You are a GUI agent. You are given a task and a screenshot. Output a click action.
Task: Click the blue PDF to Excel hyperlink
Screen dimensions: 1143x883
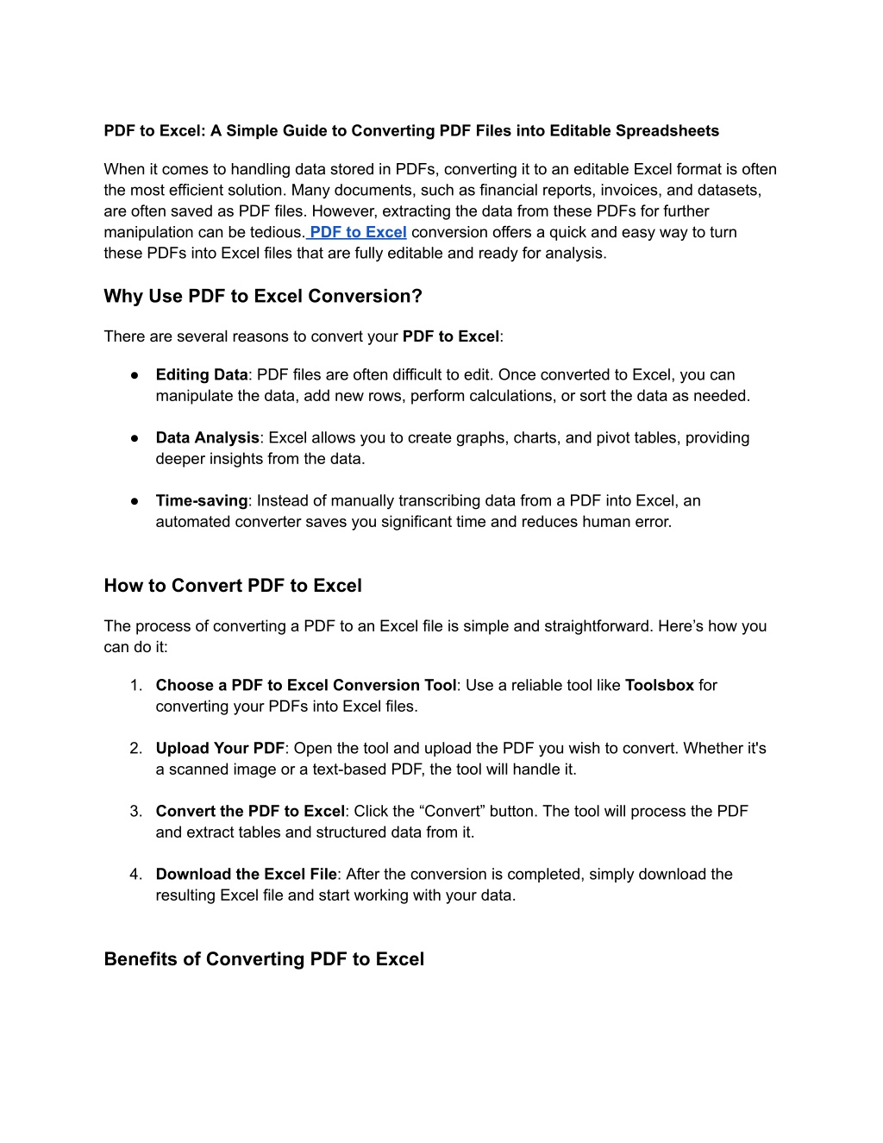pos(358,232)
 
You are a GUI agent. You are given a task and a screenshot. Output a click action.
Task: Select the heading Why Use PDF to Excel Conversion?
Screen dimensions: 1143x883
pos(263,297)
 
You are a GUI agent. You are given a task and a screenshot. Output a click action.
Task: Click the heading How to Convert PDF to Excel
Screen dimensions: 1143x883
pos(233,586)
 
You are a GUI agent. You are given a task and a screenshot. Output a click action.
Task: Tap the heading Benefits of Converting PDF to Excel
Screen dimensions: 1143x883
pos(264,959)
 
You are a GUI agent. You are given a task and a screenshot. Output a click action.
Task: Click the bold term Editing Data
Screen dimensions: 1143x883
pos(202,375)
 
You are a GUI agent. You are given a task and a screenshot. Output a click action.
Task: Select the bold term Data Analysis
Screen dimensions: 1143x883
pos(207,438)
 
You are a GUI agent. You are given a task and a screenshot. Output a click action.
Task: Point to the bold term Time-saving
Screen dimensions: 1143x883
pos(201,501)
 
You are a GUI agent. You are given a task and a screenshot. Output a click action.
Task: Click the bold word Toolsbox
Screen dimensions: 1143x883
pos(659,686)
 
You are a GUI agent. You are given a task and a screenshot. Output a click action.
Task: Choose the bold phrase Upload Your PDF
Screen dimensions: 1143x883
pos(220,749)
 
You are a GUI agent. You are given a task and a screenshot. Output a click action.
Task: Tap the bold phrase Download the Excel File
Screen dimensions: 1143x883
pos(246,875)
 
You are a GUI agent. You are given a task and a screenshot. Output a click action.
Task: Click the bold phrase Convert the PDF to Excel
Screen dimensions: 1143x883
pos(250,812)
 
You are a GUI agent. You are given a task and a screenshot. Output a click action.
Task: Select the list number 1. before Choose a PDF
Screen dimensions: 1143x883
pos(136,686)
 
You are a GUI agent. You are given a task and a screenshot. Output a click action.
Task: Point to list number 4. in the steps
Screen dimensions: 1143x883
pos(136,875)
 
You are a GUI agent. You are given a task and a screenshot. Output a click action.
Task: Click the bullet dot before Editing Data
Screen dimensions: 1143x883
pos(135,375)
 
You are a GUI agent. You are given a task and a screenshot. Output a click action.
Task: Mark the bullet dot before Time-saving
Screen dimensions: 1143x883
pos(135,501)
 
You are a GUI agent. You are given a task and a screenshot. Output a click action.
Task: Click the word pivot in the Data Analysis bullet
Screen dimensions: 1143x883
pos(613,438)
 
